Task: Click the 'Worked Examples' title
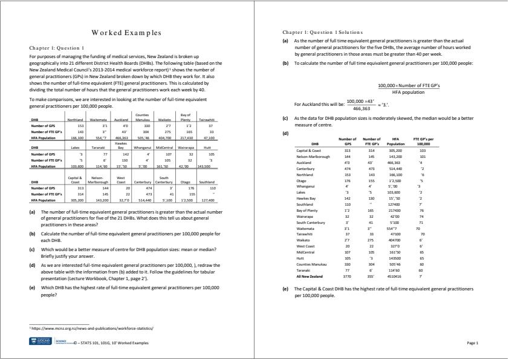(126, 33)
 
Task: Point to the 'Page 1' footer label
(472, 343)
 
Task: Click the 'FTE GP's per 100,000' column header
(423, 142)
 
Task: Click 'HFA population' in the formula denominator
(409, 92)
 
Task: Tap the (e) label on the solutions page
(285, 289)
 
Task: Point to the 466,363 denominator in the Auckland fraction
(360, 107)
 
